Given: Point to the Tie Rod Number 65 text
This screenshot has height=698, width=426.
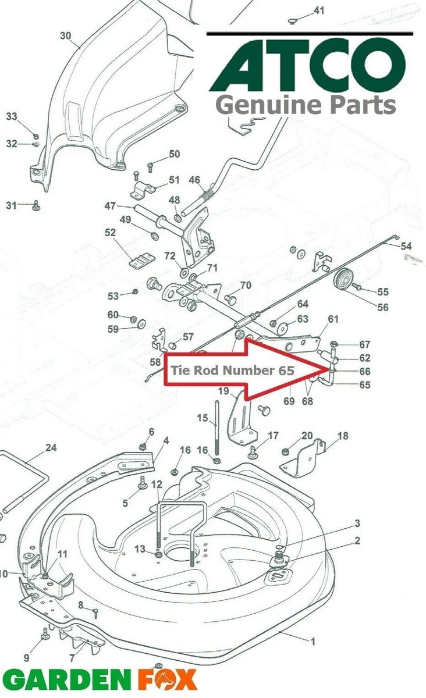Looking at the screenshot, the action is tap(232, 370).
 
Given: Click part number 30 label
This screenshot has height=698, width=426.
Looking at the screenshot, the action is tap(66, 36).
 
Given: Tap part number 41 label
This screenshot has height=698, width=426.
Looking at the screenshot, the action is tap(319, 10).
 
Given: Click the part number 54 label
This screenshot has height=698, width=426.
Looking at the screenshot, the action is tap(406, 246).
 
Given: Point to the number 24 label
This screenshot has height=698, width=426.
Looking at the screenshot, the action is tap(51, 448).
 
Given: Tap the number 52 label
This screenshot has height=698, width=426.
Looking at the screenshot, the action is tap(110, 233).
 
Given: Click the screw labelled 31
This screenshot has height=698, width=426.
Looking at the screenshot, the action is tap(36, 206).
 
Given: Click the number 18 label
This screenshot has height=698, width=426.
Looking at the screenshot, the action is tap(342, 436).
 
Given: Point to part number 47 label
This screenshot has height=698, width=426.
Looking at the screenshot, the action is tap(110, 206).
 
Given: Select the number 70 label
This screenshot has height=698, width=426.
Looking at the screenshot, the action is tap(246, 285).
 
